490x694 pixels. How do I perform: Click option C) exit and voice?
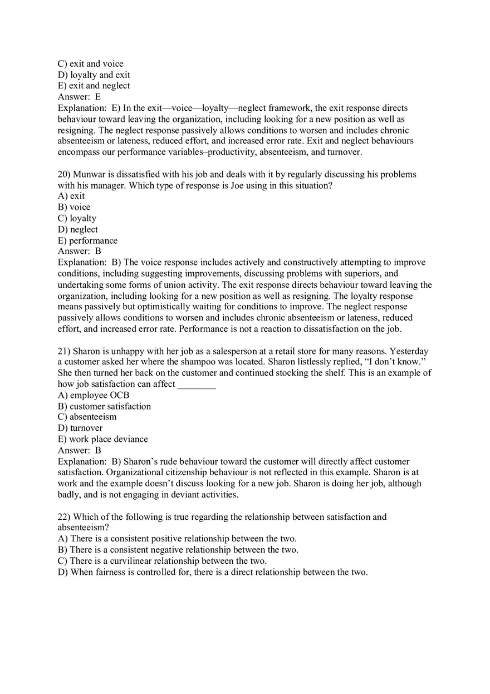coord(90,64)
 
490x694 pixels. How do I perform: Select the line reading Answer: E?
coord(79,97)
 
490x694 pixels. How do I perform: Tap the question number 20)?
coord(64,174)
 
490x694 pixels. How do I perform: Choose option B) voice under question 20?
coord(74,207)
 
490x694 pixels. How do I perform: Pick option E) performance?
coord(87,240)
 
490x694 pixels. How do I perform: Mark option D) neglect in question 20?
coord(77,229)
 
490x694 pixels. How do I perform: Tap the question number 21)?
coord(64,351)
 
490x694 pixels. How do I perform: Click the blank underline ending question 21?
coord(197,384)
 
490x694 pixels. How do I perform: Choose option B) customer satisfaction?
coord(104,406)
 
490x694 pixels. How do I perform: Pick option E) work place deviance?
coord(102,439)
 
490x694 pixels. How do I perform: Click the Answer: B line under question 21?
coord(79,450)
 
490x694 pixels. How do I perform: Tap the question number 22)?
coord(64,517)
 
